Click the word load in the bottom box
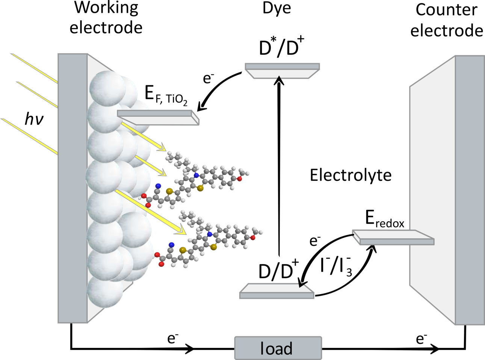click(276, 348)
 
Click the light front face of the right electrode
click(432, 188)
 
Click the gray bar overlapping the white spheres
click(158, 117)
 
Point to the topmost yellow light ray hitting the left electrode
click(34, 68)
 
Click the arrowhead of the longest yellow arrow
click(183, 230)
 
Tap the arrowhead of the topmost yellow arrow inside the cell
click(163, 147)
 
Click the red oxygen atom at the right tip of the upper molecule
click(240, 179)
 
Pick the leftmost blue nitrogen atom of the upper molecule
click(158, 186)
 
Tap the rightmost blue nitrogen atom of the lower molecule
click(210, 234)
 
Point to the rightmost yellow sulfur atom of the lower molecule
click(213, 247)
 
